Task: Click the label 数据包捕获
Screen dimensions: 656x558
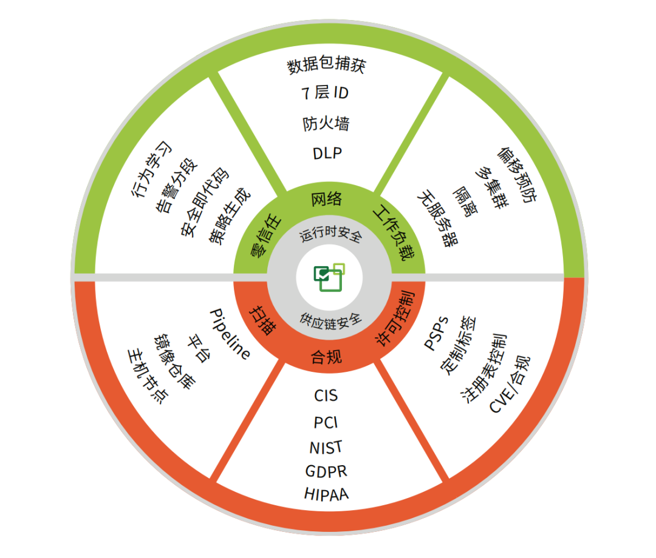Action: (x=326, y=66)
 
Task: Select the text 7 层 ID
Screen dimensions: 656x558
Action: (x=326, y=94)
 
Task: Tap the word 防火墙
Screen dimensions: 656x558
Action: (x=326, y=124)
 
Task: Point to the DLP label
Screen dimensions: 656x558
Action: (x=327, y=153)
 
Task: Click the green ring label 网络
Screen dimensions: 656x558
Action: (x=327, y=199)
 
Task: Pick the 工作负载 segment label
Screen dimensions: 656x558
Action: (x=392, y=233)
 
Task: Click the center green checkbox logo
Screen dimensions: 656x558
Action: (x=329, y=277)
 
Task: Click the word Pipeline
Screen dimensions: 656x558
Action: (x=229, y=334)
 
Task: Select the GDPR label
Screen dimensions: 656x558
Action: (x=327, y=471)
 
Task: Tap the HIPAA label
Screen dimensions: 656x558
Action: (x=327, y=493)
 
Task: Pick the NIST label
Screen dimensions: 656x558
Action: (x=326, y=447)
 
